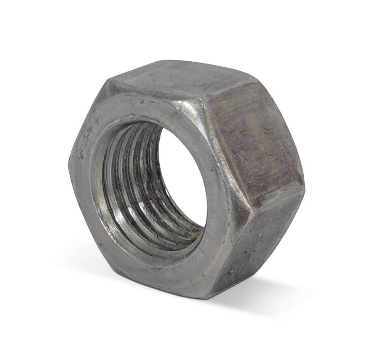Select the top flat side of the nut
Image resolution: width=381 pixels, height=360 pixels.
pos(179,78)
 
